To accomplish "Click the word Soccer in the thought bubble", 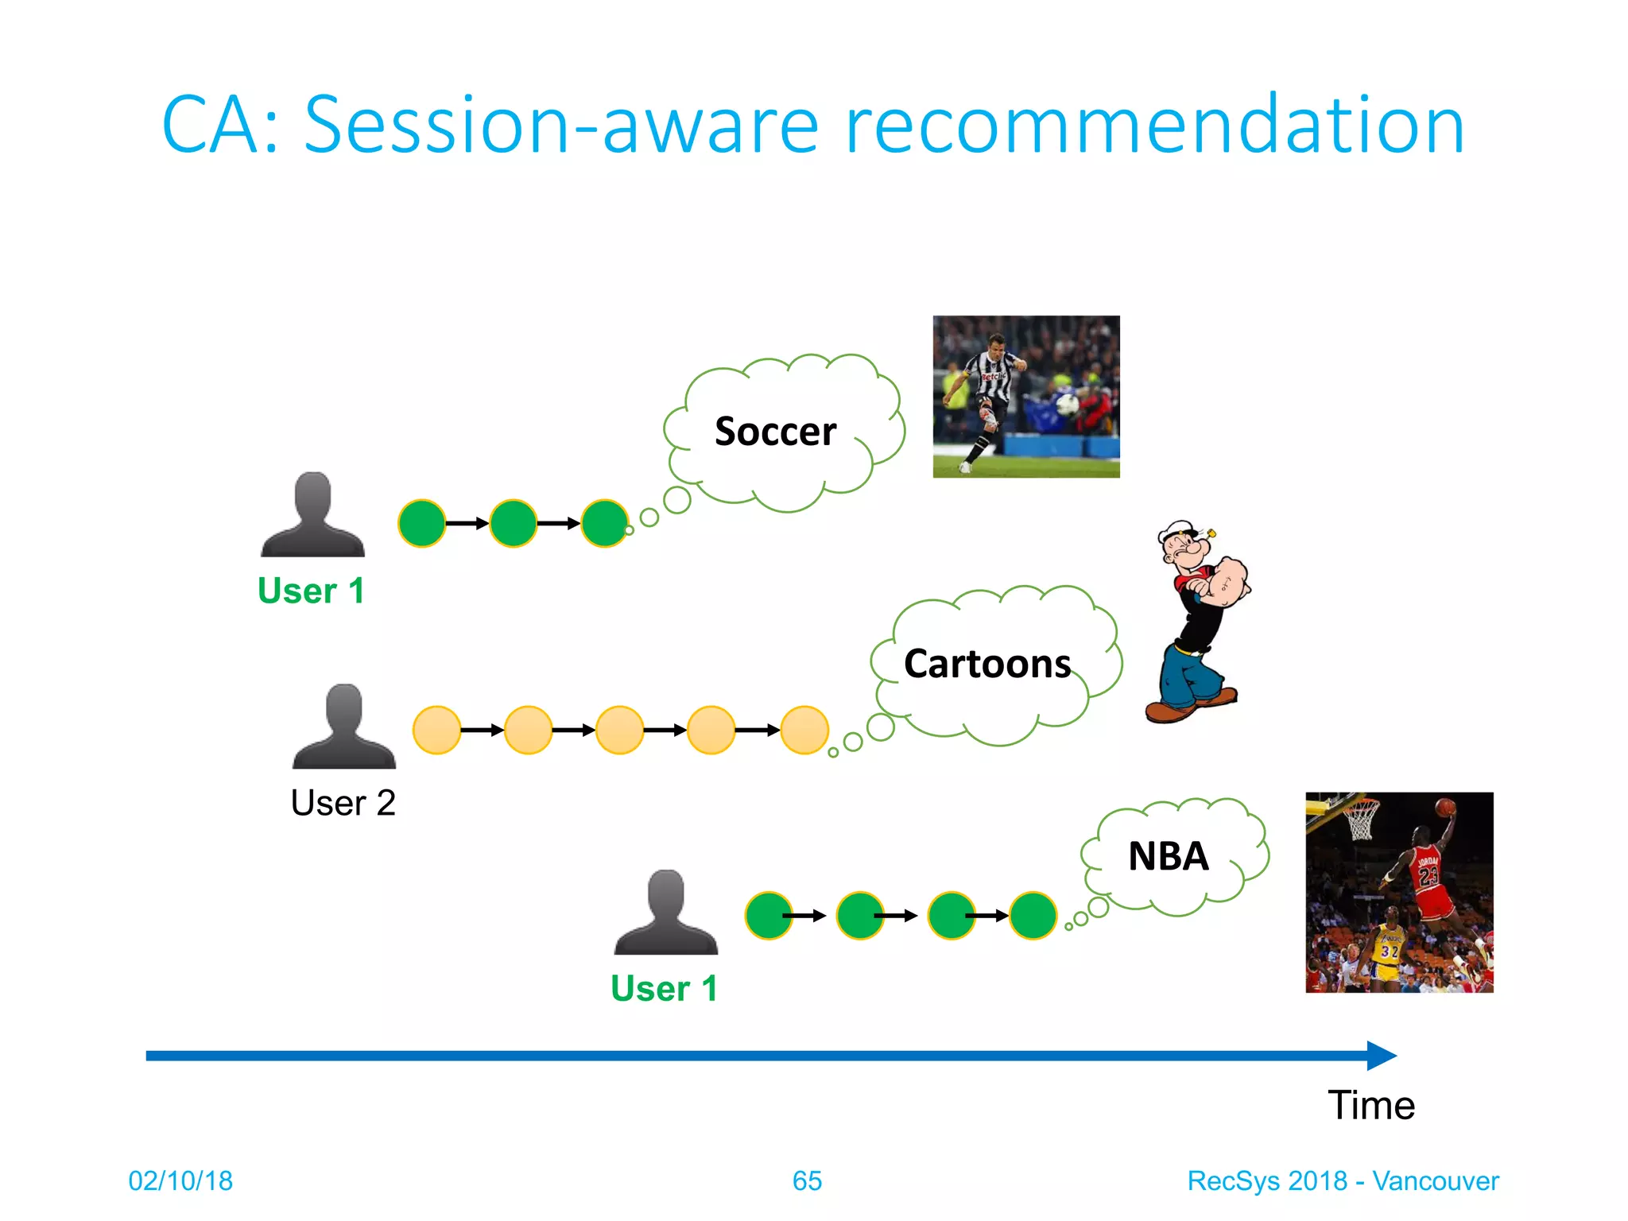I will coord(775,432).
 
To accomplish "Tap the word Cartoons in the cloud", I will coord(986,664).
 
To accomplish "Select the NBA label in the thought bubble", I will coord(1168,857).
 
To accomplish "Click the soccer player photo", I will coord(1025,397).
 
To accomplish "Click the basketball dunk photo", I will coord(1399,892).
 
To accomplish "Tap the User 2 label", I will coord(343,803).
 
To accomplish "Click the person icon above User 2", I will coord(343,727).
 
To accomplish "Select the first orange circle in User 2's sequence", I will coord(436,730).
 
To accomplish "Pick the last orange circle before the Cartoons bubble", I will coord(804,730).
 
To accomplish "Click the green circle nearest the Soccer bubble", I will coord(604,523).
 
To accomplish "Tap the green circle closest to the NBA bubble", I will coord(1032,916).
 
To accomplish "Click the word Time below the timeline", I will coord(1370,1106).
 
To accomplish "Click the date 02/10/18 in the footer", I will coord(180,1181).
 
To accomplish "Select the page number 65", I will coord(807,1181).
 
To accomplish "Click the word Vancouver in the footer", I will coord(1435,1181).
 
